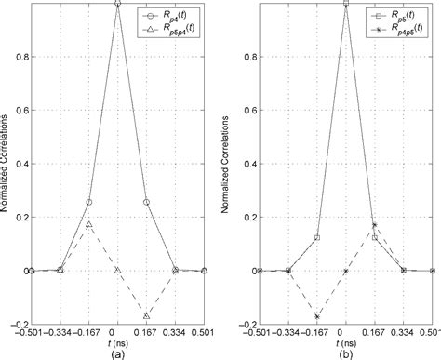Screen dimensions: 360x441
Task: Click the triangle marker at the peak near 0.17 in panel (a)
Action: tap(88, 224)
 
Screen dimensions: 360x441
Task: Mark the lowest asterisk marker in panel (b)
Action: tap(316, 316)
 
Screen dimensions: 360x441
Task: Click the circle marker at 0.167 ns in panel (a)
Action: tap(146, 202)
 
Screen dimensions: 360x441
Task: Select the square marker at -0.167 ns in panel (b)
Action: tap(316, 237)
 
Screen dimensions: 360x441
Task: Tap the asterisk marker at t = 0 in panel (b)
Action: tap(345, 271)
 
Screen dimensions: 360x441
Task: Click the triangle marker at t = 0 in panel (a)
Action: tap(117, 271)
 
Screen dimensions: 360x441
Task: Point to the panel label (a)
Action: tap(117, 353)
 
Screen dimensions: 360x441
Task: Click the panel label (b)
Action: tap(346, 353)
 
